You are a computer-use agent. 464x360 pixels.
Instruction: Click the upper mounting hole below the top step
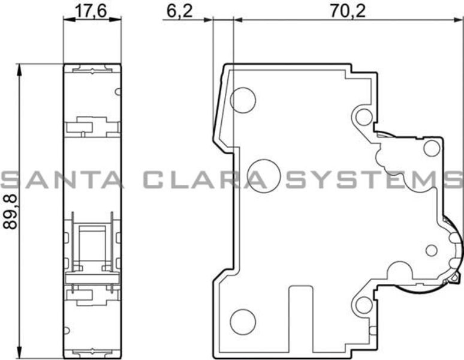(364, 116)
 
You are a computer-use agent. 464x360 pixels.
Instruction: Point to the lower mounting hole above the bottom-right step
(364, 304)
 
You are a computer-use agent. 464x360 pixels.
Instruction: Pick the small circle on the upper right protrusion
(432, 148)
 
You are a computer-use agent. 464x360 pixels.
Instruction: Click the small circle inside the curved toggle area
(430, 250)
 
